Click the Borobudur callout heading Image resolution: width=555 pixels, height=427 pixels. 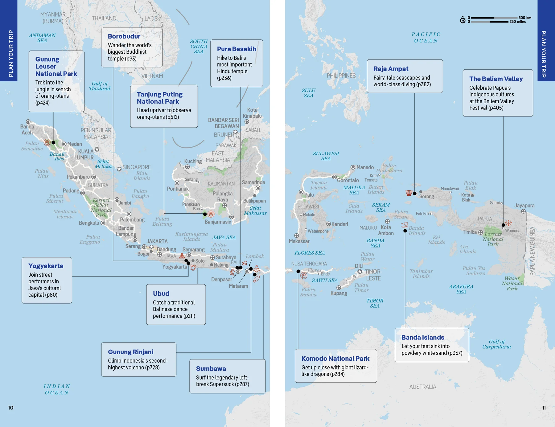124,36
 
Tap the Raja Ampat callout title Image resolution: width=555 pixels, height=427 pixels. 391,69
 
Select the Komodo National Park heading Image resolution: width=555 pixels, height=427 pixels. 335,359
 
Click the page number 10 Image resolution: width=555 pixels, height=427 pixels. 11,408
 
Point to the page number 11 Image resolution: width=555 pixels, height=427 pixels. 544,408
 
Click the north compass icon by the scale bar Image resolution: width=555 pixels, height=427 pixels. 462,20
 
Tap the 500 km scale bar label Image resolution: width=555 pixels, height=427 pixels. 524,18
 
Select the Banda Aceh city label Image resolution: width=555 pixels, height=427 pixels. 27,129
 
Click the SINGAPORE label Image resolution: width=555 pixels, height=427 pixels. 137,167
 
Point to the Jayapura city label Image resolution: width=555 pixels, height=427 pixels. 524,206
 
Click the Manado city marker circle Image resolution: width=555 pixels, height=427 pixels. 353,167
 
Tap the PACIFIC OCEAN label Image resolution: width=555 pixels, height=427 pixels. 426,37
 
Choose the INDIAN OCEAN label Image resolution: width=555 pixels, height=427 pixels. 57,389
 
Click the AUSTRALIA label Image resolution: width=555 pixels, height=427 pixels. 422,387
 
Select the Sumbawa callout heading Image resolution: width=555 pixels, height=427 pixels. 211,369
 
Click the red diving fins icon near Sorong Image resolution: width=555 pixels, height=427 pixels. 409,193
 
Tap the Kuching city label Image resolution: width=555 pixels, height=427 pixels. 193,161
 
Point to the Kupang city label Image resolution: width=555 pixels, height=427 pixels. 339,293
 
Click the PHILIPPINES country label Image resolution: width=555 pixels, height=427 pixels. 341,76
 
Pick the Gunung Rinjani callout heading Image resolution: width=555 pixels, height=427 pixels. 130,352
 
